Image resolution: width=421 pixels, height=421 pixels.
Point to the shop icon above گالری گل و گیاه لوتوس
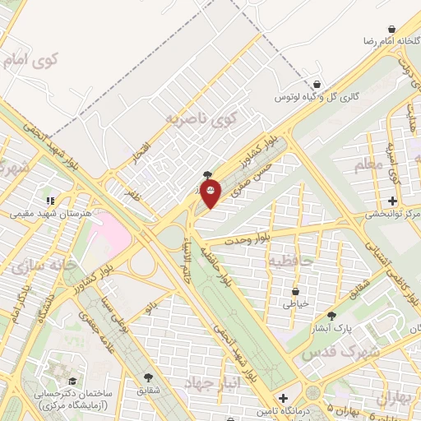click(x=317, y=84)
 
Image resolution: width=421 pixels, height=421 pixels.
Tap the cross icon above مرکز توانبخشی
click(x=393, y=201)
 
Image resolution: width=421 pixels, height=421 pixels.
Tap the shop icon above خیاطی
click(x=295, y=291)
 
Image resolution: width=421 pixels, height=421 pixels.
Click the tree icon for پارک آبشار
click(x=331, y=315)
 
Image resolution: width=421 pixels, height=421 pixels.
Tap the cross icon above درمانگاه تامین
click(x=283, y=397)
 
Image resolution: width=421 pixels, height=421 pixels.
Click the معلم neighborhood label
click(x=369, y=167)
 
